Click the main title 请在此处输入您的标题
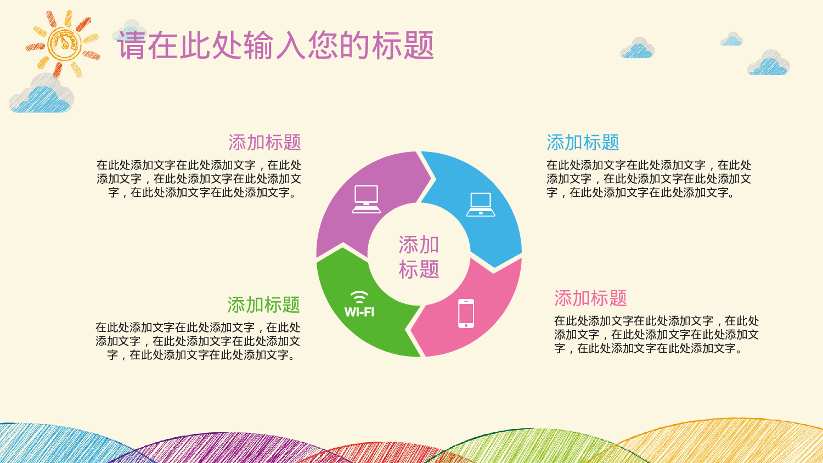[x=275, y=45]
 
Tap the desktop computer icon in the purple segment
[x=366, y=199]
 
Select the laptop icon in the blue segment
[x=481, y=205]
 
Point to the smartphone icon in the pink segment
[x=466, y=313]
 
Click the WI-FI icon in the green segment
[x=359, y=304]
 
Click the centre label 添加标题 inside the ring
[x=419, y=257]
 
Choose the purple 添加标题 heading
[x=264, y=143]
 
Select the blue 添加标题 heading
[x=583, y=143]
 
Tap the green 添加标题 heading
[x=263, y=305]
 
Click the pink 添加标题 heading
[x=590, y=298]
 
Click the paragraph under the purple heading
[x=199, y=179]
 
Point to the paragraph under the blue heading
[x=649, y=179]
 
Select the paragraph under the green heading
[x=198, y=341]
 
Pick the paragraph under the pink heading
[x=656, y=335]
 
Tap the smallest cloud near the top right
[x=731, y=39]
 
